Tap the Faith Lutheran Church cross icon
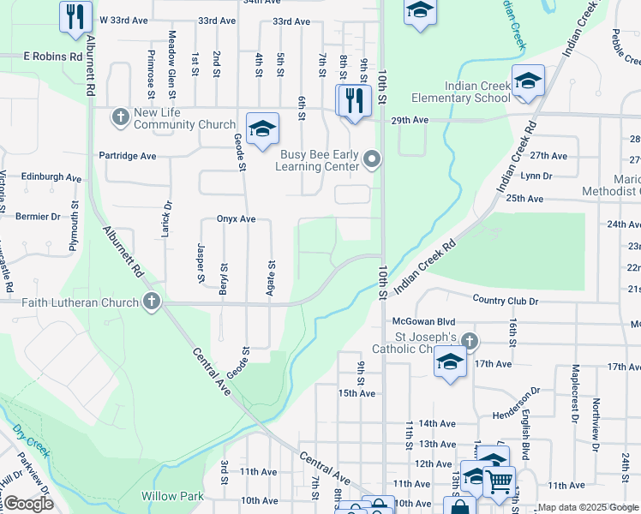tap(152, 302)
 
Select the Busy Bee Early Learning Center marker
tap(371, 158)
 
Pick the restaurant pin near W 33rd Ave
tap(76, 15)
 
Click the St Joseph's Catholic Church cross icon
tap(469, 341)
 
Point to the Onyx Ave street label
tap(237, 218)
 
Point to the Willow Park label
tap(173, 496)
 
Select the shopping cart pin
tap(499, 481)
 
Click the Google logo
tap(28, 504)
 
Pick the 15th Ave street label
tap(357, 393)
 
